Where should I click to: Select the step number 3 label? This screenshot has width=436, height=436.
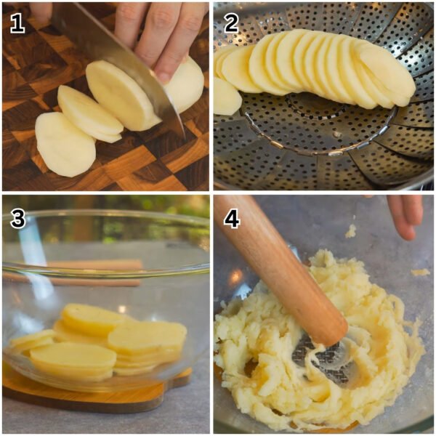17,219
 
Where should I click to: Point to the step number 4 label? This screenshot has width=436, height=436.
231,219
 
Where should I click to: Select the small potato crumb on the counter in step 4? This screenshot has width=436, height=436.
420,272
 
